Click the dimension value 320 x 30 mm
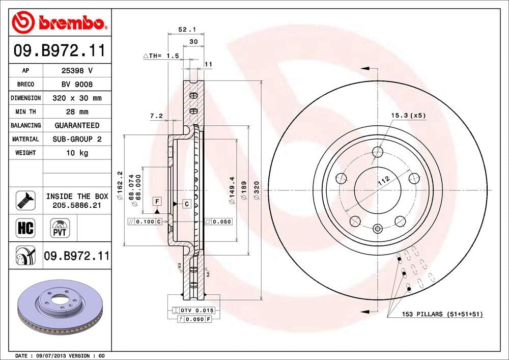click(x=76, y=98)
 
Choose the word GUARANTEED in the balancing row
click(x=76, y=125)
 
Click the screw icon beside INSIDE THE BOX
click(x=26, y=200)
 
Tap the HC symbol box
click(x=25, y=227)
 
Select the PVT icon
click(x=59, y=227)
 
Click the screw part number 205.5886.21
click(x=76, y=205)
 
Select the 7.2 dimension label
click(x=156, y=116)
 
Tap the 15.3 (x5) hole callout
click(x=408, y=116)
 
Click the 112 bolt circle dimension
click(x=384, y=179)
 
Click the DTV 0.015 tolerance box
click(x=194, y=310)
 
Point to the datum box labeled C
click(x=187, y=204)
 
